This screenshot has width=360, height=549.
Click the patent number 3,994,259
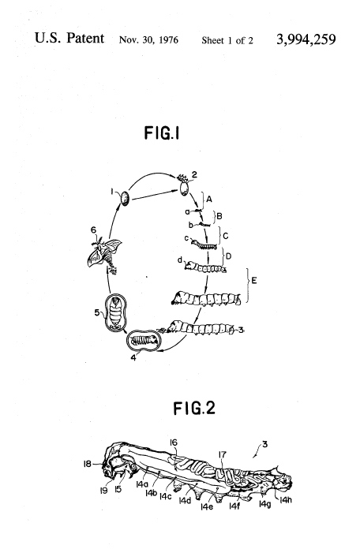tap(306, 39)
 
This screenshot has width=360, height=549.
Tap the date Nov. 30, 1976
tap(148, 40)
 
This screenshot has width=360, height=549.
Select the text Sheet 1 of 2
tap(227, 40)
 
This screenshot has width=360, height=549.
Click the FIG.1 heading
tap(162, 133)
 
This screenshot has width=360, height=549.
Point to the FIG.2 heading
tap(194, 409)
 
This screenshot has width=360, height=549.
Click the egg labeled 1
tap(126, 199)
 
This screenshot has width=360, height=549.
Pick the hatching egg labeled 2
tap(184, 185)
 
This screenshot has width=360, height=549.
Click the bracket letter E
tap(254, 281)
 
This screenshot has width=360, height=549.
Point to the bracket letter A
tap(209, 200)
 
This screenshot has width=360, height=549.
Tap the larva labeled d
tap(205, 267)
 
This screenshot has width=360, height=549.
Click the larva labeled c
tap(204, 244)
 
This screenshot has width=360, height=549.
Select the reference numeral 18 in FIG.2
tap(87, 464)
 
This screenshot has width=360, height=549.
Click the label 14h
tap(286, 499)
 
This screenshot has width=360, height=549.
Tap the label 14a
tap(142, 484)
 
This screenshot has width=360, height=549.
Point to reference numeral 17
tap(223, 455)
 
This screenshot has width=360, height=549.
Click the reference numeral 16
tap(174, 443)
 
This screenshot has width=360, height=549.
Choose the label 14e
tap(207, 506)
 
